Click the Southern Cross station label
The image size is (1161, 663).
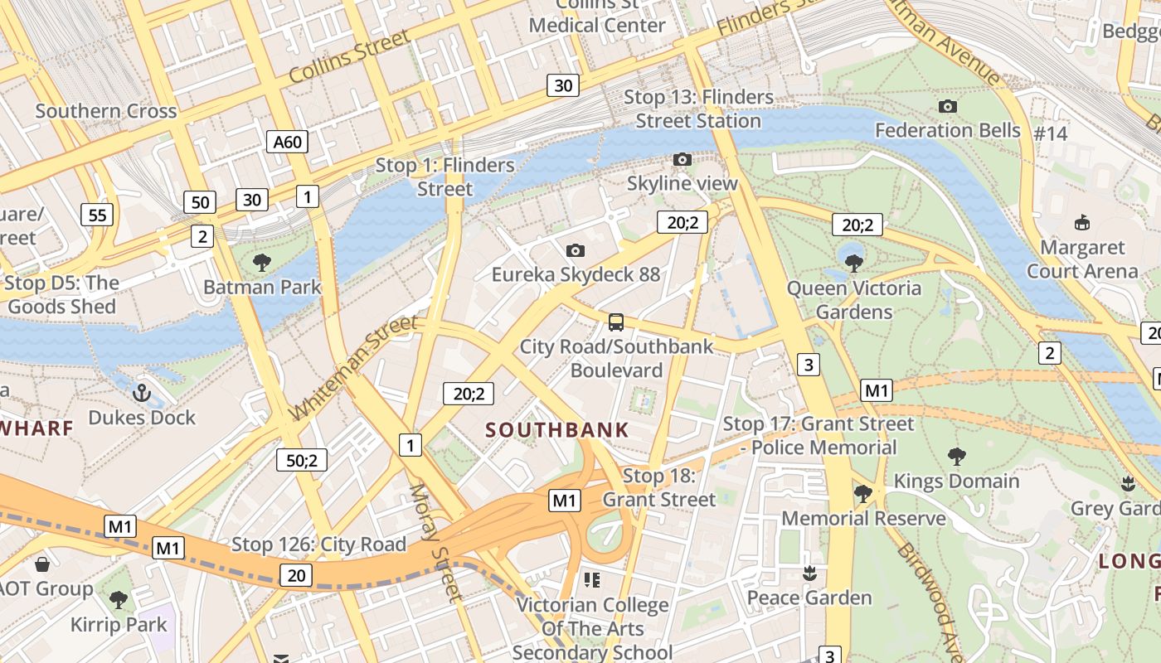point(106,111)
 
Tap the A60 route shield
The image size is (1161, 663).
point(288,142)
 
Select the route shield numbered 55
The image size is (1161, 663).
point(97,215)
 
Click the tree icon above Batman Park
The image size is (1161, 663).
point(262,264)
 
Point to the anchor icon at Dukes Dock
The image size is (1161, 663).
point(142,393)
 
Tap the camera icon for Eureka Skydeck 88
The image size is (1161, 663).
point(576,250)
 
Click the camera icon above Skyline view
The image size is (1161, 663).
point(682,159)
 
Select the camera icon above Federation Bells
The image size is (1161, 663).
point(948,106)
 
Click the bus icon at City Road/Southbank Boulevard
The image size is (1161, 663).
point(615,322)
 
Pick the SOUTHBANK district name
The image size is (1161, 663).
point(557,430)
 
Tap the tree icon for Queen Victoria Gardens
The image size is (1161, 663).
point(854,264)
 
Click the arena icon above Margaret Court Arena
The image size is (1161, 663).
point(1082,222)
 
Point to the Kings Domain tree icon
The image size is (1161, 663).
point(956,456)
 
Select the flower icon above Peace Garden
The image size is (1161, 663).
point(809,573)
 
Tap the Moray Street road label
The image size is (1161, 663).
point(435,543)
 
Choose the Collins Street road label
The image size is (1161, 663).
point(349,56)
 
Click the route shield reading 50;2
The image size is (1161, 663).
point(302,460)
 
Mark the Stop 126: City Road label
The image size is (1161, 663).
point(318,544)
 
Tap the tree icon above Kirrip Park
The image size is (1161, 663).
point(119,599)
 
